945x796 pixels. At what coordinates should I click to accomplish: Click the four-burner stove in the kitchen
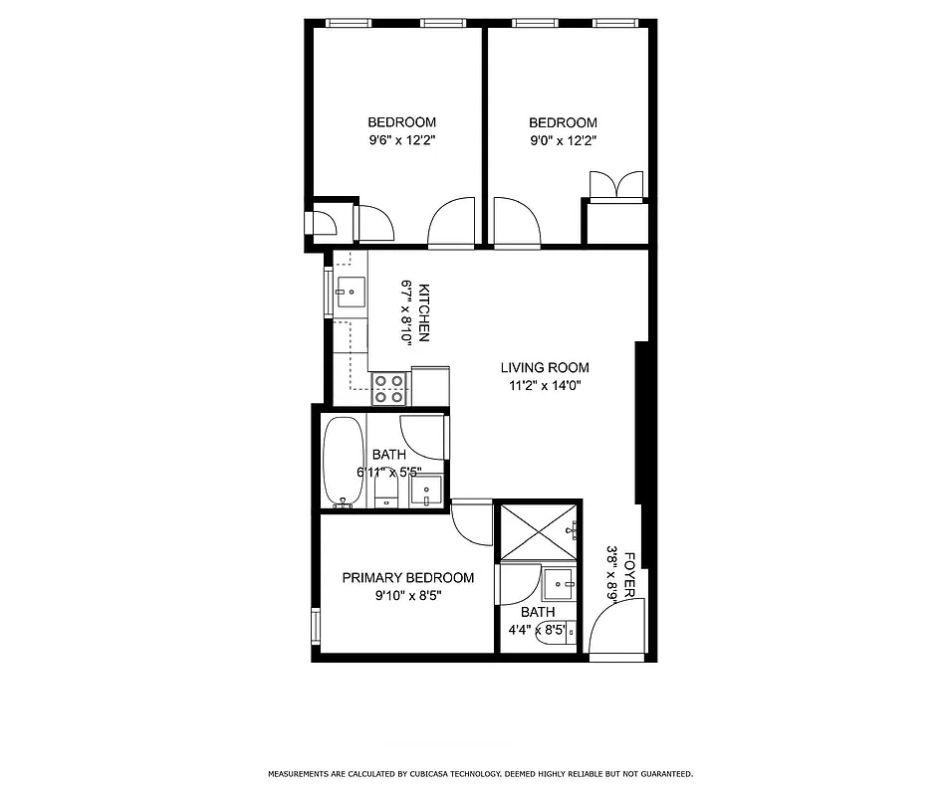pyautogui.click(x=389, y=388)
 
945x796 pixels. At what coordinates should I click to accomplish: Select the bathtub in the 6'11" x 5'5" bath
pyautogui.click(x=344, y=462)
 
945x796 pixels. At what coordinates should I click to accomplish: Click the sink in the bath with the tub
pyautogui.click(x=427, y=491)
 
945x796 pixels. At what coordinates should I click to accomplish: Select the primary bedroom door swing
pyautogui.click(x=471, y=522)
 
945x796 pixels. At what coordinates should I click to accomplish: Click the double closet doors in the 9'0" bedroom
pyautogui.click(x=616, y=186)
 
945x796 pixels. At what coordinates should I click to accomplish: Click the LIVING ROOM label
pyautogui.click(x=545, y=367)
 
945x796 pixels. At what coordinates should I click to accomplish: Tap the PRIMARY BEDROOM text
pyautogui.click(x=408, y=578)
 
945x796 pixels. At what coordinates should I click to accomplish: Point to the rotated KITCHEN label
pyautogui.click(x=423, y=312)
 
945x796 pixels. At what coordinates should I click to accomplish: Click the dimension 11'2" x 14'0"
pyautogui.click(x=545, y=385)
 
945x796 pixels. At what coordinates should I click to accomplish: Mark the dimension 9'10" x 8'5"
pyautogui.click(x=408, y=596)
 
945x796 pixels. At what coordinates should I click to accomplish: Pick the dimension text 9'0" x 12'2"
pyautogui.click(x=563, y=141)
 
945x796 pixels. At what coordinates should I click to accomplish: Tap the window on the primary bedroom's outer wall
pyautogui.click(x=316, y=626)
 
